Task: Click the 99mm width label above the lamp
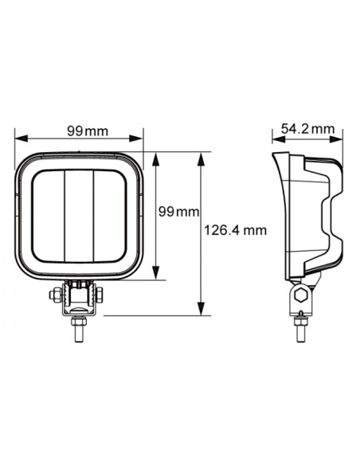coord(79,131)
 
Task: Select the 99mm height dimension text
coord(177,211)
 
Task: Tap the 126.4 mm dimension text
coord(235,230)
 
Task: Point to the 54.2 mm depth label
coord(308,128)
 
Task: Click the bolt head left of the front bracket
coord(53,295)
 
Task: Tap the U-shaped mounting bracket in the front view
coord(78,299)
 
